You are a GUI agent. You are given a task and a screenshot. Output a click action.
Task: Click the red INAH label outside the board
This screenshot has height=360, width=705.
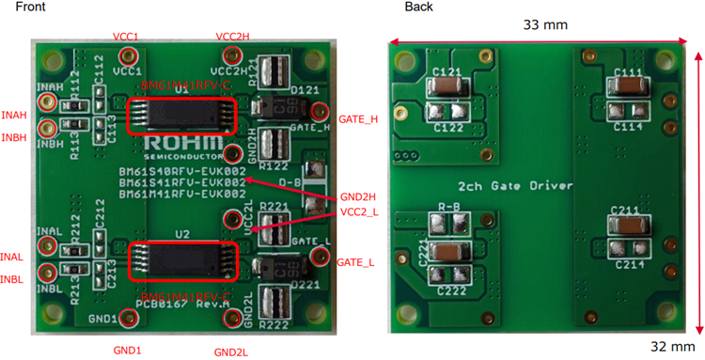(14, 116)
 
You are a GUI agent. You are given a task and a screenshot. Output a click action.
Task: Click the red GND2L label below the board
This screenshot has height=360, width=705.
(229, 352)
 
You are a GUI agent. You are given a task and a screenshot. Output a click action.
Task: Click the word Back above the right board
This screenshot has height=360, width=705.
(418, 7)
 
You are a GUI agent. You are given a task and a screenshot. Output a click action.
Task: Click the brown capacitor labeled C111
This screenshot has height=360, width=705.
(628, 87)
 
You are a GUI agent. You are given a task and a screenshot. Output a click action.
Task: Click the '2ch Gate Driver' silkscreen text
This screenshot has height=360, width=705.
(516, 186)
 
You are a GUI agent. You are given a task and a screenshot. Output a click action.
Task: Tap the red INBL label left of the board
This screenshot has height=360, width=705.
(12, 278)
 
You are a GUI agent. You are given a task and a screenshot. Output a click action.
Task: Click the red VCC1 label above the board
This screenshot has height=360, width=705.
(125, 37)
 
